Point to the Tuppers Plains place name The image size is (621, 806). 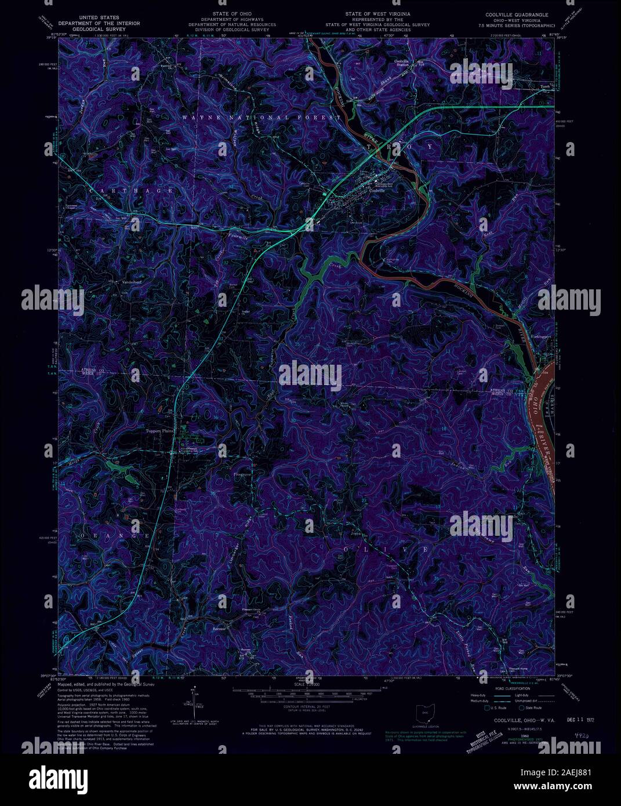(x=158, y=431)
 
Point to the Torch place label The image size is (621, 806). (x=544, y=88)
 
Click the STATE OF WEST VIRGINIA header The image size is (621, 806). (x=377, y=13)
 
